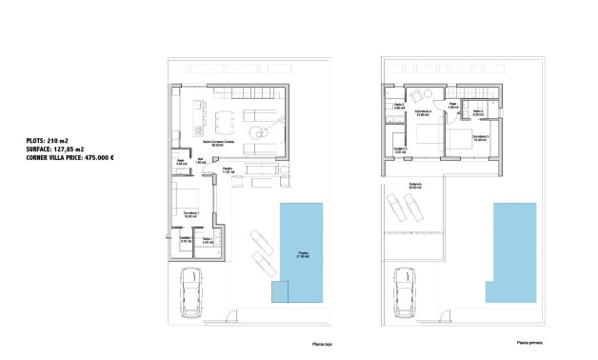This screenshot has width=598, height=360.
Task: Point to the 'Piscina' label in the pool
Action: tap(302, 254)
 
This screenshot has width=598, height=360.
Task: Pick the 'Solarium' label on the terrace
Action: tap(415, 186)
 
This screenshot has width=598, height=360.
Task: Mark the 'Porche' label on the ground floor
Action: tap(229, 170)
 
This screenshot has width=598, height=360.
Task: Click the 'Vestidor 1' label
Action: tap(187, 239)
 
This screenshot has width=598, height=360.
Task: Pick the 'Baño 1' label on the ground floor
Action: tap(208, 239)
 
